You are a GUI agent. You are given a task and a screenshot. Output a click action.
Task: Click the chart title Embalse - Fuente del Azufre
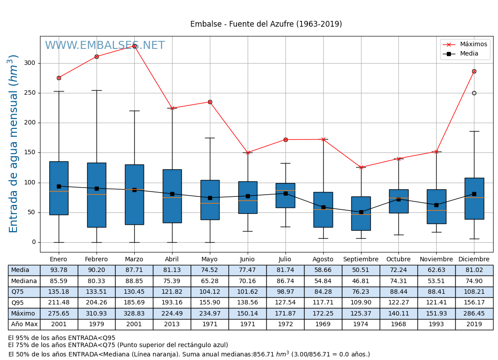pos(266,24)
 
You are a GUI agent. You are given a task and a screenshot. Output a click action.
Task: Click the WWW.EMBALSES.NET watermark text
pos(104,46)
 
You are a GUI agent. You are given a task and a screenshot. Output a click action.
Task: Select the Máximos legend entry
pos(473,44)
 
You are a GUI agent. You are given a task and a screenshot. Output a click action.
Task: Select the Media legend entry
pos(469,54)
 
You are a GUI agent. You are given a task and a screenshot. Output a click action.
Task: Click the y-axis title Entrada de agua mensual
pos(14,144)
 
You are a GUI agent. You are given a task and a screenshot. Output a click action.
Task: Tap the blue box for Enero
pos(59,188)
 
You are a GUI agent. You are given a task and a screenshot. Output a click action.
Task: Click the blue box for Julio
pos(285,196)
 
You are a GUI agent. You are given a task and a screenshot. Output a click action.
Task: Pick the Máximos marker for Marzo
pos(134,46)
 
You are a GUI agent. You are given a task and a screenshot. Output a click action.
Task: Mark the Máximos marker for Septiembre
pos(361,167)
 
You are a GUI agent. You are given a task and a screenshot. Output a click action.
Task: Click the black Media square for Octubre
pos(398,199)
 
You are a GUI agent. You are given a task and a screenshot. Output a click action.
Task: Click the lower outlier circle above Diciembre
pos(474,93)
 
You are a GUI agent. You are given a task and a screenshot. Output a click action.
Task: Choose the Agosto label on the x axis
pos(323,260)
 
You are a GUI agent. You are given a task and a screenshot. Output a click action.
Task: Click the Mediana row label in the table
pos(24,281)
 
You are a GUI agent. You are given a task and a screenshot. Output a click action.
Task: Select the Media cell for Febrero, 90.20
pos(96,270)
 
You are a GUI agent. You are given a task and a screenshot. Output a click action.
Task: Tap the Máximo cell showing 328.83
pos(134,313)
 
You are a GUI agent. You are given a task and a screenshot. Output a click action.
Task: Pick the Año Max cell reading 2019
pos(474,324)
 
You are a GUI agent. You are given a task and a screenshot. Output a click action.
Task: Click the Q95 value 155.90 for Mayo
pos(209,303)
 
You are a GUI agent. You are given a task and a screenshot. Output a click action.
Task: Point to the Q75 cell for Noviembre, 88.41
pos(436,292)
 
